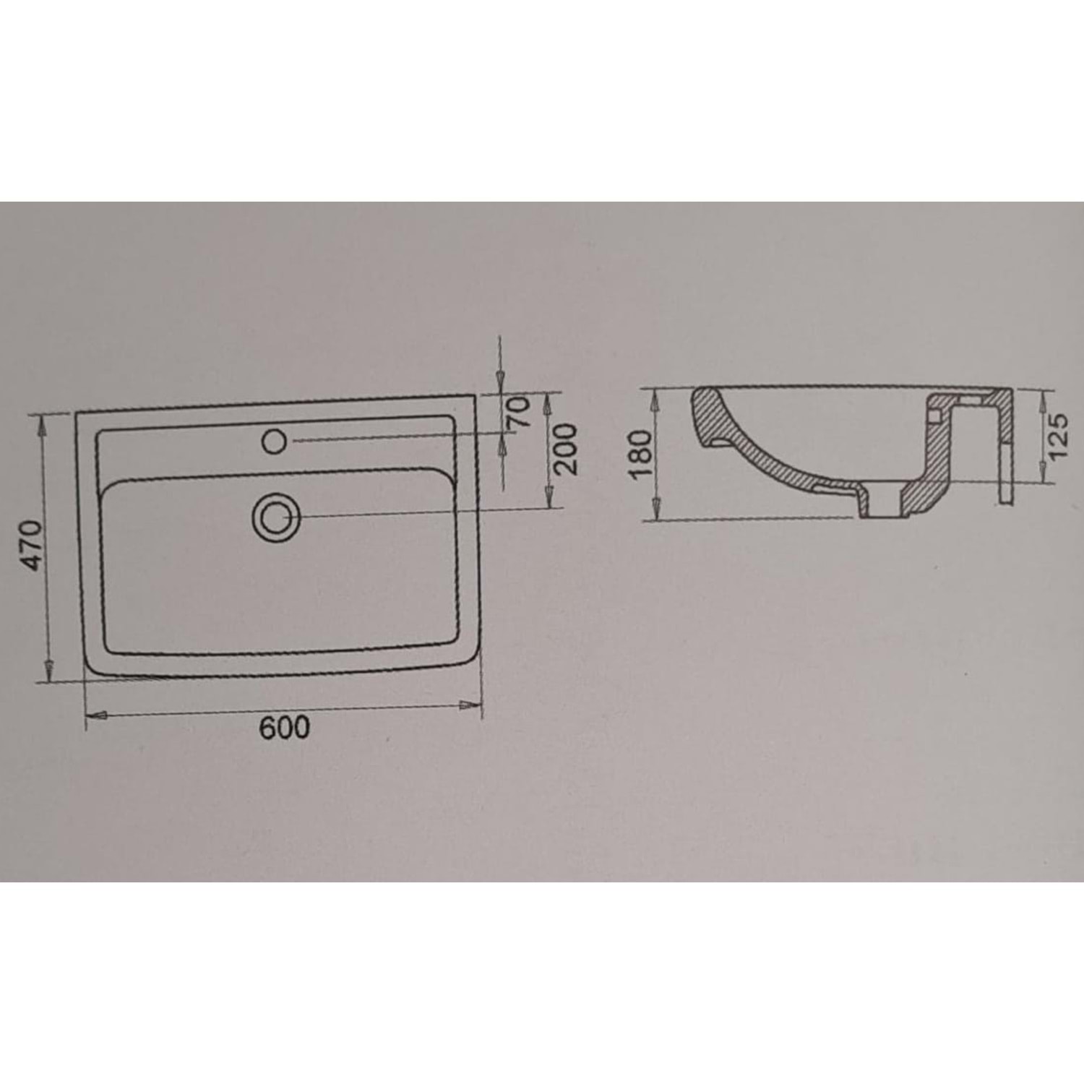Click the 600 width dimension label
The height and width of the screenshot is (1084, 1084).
tap(285, 728)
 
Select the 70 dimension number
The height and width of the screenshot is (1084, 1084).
tap(520, 413)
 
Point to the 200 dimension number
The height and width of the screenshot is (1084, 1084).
tap(566, 449)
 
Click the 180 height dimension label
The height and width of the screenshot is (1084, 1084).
tap(641, 455)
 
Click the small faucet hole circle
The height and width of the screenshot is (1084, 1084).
tap(275, 440)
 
